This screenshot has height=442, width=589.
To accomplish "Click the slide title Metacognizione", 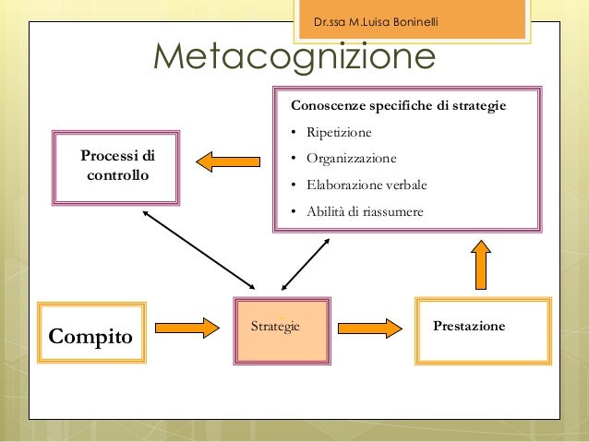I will click(294, 58).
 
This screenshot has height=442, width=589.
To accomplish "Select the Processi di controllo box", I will click(117, 164).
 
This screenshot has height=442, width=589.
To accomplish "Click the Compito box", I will click(90, 333).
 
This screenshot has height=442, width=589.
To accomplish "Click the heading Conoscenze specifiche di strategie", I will click(399, 105).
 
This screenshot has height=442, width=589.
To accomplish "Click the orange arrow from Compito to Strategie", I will click(186, 327).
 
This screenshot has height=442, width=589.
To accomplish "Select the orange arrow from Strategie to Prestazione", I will click(370, 327).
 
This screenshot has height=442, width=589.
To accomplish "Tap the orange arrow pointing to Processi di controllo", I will click(228, 161).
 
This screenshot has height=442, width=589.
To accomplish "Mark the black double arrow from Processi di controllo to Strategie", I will click(198, 246).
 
